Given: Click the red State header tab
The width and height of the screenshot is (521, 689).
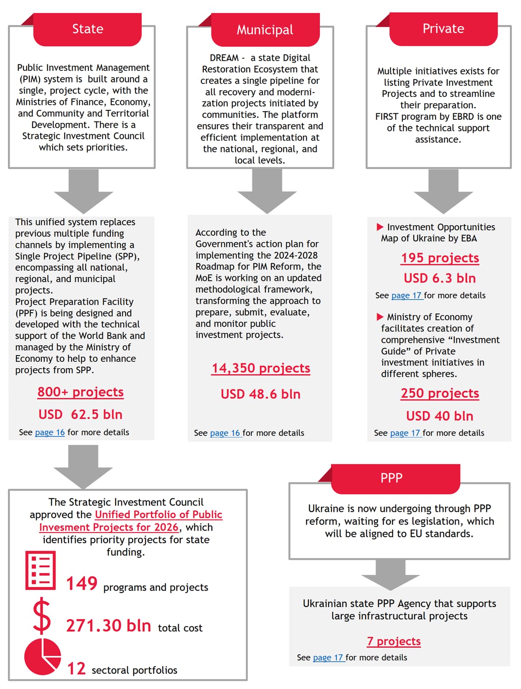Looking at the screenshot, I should [x=87, y=29].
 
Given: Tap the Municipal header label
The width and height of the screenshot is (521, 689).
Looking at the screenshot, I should [x=265, y=30].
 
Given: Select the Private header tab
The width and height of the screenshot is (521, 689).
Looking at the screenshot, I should [x=443, y=29].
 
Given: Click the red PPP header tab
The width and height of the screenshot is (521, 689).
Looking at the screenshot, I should [x=392, y=478].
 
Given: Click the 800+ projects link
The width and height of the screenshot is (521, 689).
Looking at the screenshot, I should [x=80, y=392].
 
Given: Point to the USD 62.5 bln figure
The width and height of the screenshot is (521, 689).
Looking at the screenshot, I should [x=80, y=415].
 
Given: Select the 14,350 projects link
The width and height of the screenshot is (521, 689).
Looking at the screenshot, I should [x=260, y=368].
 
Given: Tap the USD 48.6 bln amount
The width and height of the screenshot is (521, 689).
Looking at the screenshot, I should [x=260, y=394].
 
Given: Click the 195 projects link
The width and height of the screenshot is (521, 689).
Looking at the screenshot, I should [x=440, y=258].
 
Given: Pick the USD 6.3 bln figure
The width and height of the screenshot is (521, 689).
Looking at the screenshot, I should [x=440, y=278].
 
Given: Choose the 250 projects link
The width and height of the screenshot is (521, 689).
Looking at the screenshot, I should [x=440, y=393].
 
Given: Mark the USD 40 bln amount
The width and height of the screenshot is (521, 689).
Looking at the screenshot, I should [x=440, y=416].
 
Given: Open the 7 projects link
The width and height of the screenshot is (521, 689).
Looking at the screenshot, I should [x=394, y=641].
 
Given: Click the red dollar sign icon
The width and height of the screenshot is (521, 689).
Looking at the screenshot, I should [x=42, y=616].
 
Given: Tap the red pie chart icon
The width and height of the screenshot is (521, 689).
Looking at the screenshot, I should [x=43, y=656].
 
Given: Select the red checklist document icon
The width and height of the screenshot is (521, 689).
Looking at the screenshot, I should [x=41, y=570].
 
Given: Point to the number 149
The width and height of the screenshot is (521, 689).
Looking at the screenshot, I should [x=82, y=584].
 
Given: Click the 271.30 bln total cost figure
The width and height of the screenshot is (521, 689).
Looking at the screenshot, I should [x=109, y=626].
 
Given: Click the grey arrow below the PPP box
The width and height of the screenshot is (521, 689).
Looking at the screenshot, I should [x=390, y=574].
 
